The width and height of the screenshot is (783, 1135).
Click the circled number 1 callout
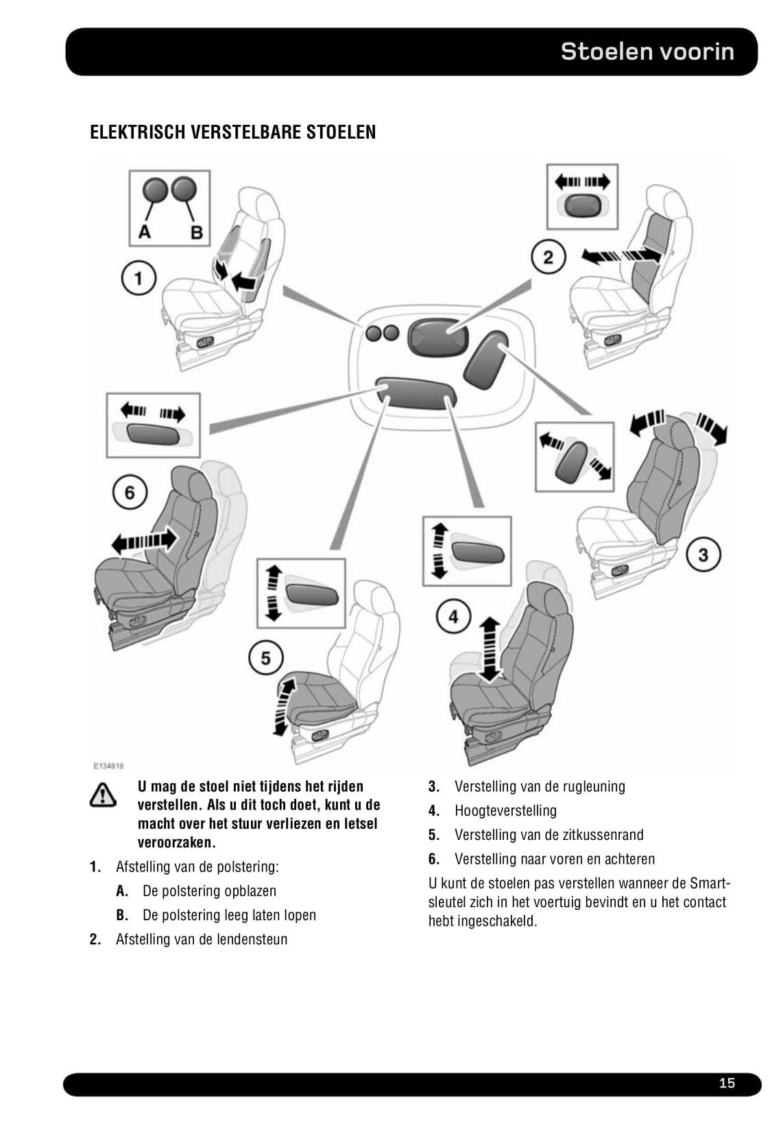(x=138, y=279)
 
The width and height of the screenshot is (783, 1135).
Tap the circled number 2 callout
(x=548, y=257)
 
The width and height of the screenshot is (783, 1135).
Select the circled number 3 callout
(x=703, y=554)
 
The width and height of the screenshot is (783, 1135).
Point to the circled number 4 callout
(x=453, y=616)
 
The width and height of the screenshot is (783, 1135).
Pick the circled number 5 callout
(x=265, y=658)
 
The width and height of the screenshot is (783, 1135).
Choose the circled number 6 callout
(x=130, y=492)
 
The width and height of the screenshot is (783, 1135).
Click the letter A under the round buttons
(x=145, y=232)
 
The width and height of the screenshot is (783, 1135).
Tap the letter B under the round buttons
(x=197, y=232)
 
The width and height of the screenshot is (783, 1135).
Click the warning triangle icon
(x=102, y=795)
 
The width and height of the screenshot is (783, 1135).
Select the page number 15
(x=727, y=1084)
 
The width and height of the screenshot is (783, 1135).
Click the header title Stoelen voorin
(x=647, y=51)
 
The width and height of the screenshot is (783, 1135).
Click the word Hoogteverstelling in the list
(x=505, y=811)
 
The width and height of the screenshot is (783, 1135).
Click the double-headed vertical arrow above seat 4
(x=489, y=648)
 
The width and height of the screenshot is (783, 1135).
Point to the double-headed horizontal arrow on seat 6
(x=144, y=541)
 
